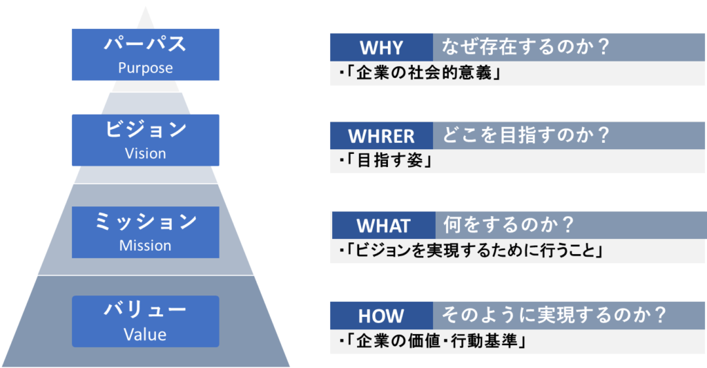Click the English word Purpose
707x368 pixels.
pos(145,68)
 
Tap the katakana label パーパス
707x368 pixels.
pos(145,43)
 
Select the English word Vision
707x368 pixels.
pos(145,153)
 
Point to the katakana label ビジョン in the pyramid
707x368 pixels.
pos(145,129)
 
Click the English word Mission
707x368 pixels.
pos(145,245)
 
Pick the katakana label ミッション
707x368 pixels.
pos(145,222)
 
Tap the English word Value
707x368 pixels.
pos(145,335)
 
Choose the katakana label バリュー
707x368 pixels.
pos(145,310)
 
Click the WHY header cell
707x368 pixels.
pos(381,48)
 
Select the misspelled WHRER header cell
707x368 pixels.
pos(381,136)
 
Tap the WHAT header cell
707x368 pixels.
pos(384,226)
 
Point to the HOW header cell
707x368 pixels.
pos(381,316)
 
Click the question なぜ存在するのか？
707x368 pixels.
pos(525,47)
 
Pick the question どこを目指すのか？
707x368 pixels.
pos(525,135)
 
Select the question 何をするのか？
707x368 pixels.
pos(509,224)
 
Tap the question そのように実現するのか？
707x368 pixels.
pos(554,315)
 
